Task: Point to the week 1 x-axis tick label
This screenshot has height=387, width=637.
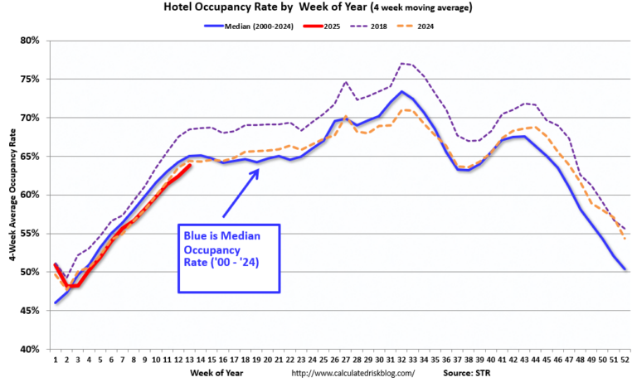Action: coord(56,359)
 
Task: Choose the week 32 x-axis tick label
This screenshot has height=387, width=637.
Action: coord(401,359)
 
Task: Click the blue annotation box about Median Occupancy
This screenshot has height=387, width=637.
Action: coord(229,258)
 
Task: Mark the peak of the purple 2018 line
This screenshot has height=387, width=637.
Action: coord(401,63)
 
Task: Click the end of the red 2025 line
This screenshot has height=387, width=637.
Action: coord(191,165)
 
